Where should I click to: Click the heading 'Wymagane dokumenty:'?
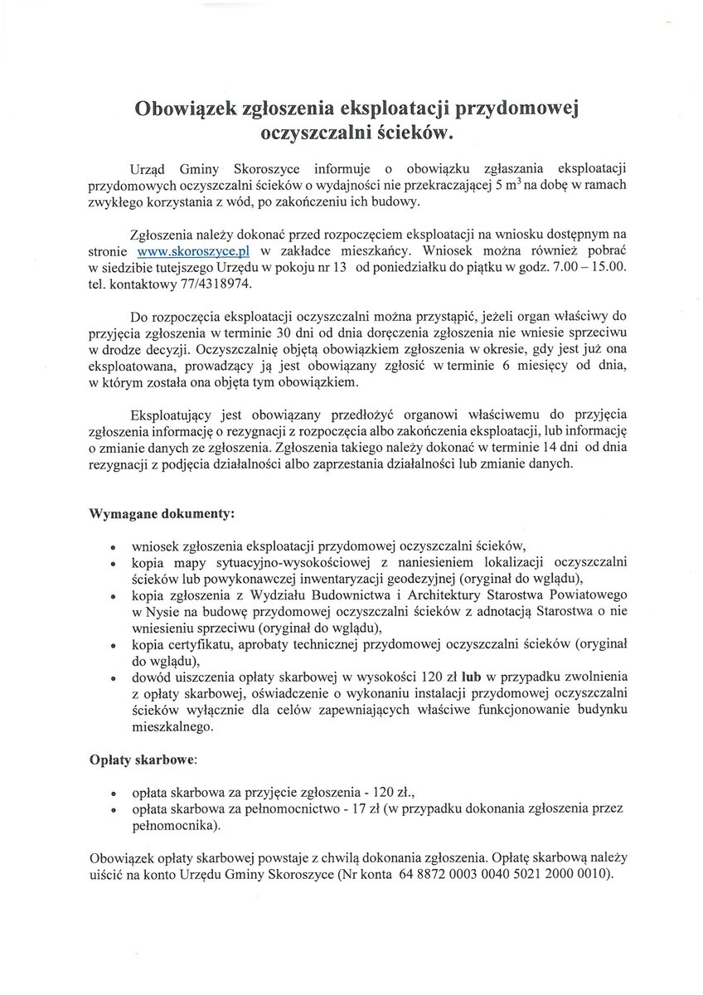(x=162, y=513)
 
